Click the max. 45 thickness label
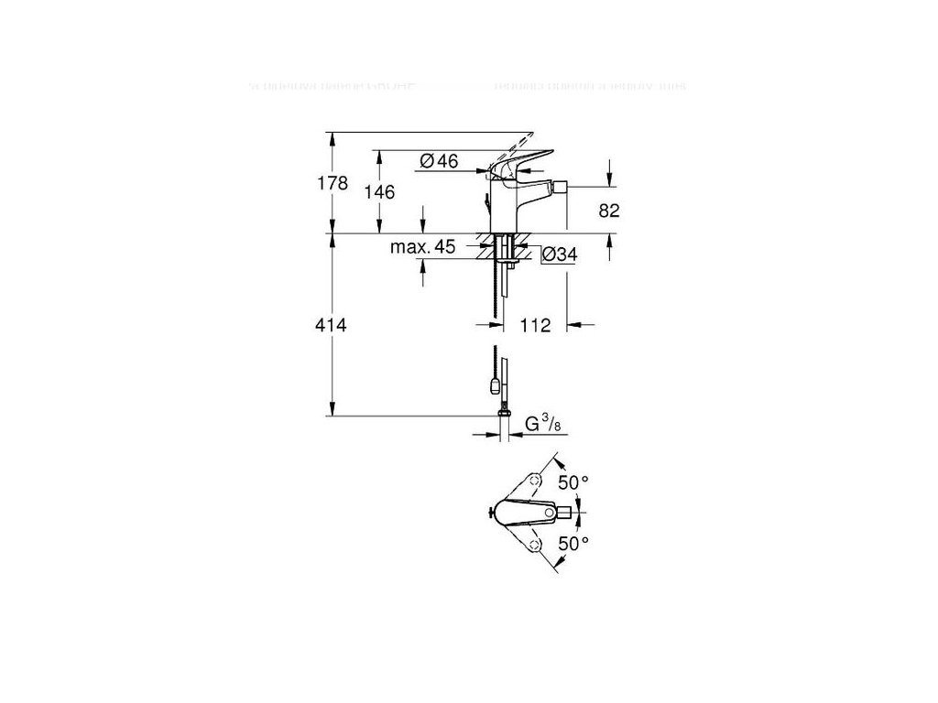(x=423, y=248)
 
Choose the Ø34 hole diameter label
(x=558, y=255)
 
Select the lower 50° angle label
(x=574, y=543)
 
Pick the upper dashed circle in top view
(x=539, y=480)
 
